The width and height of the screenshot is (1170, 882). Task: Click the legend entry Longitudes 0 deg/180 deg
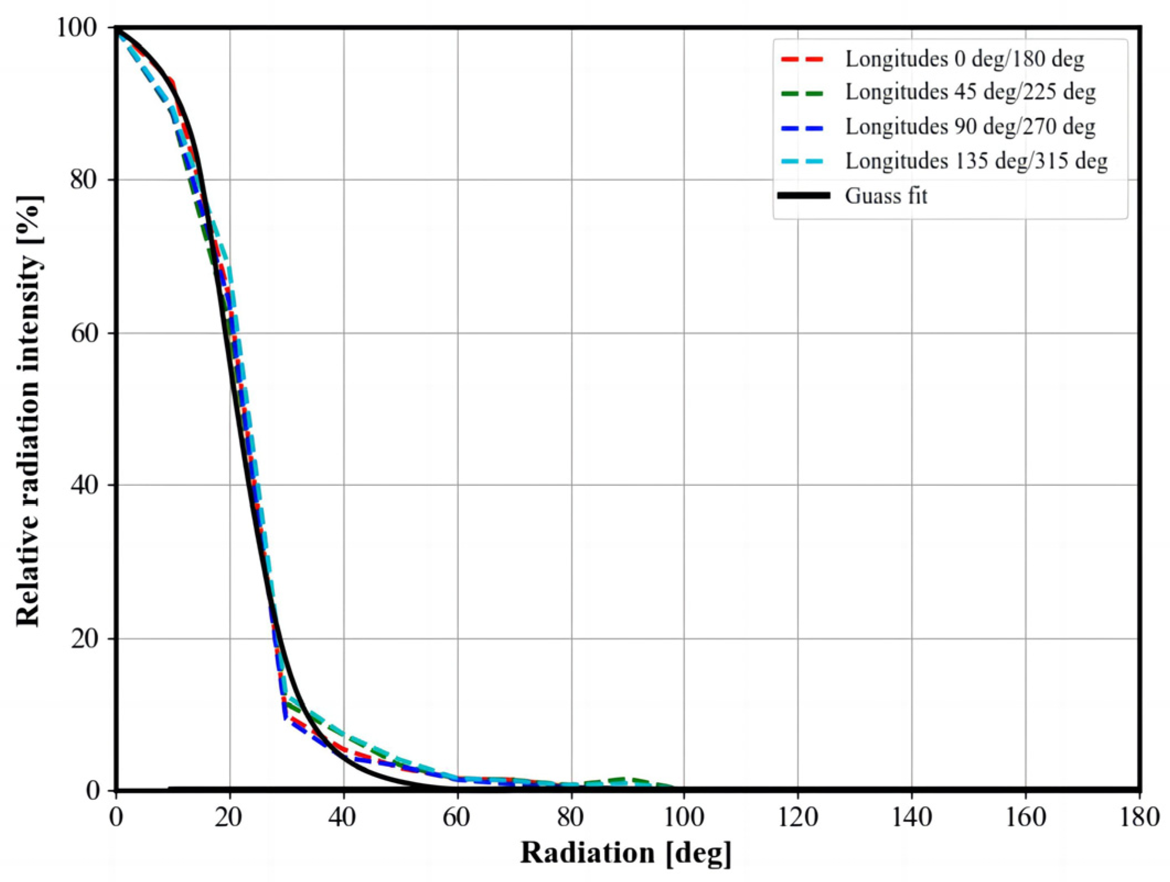click(x=964, y=59)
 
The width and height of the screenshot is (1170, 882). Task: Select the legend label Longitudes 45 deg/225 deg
click(x=970, y=92)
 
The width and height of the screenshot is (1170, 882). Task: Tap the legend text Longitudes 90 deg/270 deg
click(x=970, y=126)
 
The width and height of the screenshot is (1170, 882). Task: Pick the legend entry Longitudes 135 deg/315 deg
click(x=976, y=161)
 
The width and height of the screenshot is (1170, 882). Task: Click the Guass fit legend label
click(x=886, y=195)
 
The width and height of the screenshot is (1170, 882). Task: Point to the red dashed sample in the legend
click(x=803, y=59)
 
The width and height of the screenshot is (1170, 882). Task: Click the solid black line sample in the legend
click(x=803, y=195)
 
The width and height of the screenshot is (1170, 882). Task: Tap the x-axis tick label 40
click(x=343, y=817)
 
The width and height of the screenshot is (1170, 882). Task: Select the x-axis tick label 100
click(x=683, y=817)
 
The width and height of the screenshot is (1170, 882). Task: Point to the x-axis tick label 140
click(x=911, y=817)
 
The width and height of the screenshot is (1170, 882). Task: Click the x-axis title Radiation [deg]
click(x=626, y=853)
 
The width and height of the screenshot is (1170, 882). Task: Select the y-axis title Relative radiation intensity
click(x=29, y=411)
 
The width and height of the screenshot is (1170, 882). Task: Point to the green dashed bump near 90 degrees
click(x=623, y=779)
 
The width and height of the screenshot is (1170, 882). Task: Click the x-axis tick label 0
click(x=116, y=817)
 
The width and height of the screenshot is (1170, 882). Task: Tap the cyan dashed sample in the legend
click(x=803, y=161)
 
